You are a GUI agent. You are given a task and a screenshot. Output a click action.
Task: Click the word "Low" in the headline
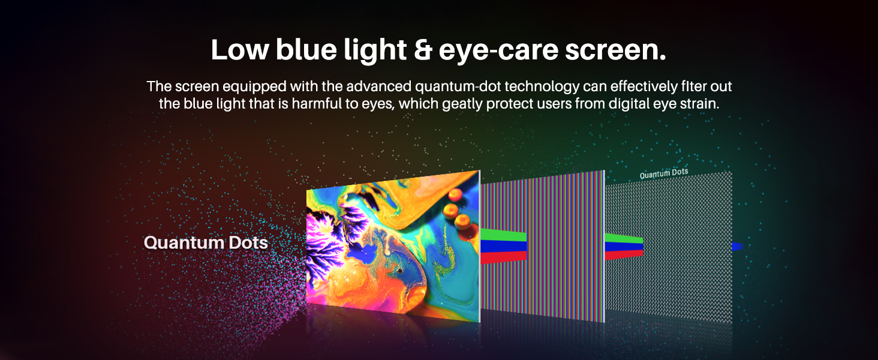pos(240,49)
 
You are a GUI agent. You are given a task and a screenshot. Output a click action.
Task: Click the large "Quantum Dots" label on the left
pos(206,242)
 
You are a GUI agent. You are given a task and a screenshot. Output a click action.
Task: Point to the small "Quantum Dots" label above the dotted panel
pos(663,173)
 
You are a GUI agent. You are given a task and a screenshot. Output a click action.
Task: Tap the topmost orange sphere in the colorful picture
pos(455,194)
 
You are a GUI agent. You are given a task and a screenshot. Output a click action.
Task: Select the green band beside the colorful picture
pos(503,235)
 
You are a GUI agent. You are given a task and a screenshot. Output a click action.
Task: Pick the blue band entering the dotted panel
pos(624,247)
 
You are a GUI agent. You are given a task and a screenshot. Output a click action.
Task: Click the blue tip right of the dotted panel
pos(737,247)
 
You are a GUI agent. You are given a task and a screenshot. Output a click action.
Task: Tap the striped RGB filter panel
pos(543,245)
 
